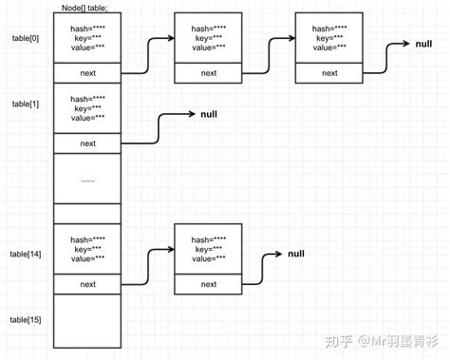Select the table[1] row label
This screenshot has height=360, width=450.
pyautogui.click(x=25, y=102)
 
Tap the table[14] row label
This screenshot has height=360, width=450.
pyautogui.click(x=27, y=254)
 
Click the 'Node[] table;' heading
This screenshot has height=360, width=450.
pyautogui.click(x=87, y=7)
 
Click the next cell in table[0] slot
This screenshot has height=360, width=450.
pyautogui.click(x=87, y=72)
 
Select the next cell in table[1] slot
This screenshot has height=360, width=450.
pyautogui.click(x=87, y=143)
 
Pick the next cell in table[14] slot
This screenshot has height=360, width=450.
pyautogui.click(x=87, y=284)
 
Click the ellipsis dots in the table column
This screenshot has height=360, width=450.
pyautogui.click(x=87, y=179)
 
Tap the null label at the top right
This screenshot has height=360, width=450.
pyautogui.click(x=424, y=44)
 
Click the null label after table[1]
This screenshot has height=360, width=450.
pyautogui.click(x=210, y=114)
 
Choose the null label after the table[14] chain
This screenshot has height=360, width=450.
pyautogui.click(x=295, y=254)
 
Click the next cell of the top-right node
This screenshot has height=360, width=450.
pyautogui.click(x=330, y=72)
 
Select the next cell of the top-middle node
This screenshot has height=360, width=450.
pyautogui.click(x=209, y=72)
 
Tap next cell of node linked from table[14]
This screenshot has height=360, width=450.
pyautogui.click(x=209, y=284)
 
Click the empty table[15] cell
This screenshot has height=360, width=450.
pyautogui.click(x=87, y=323)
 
